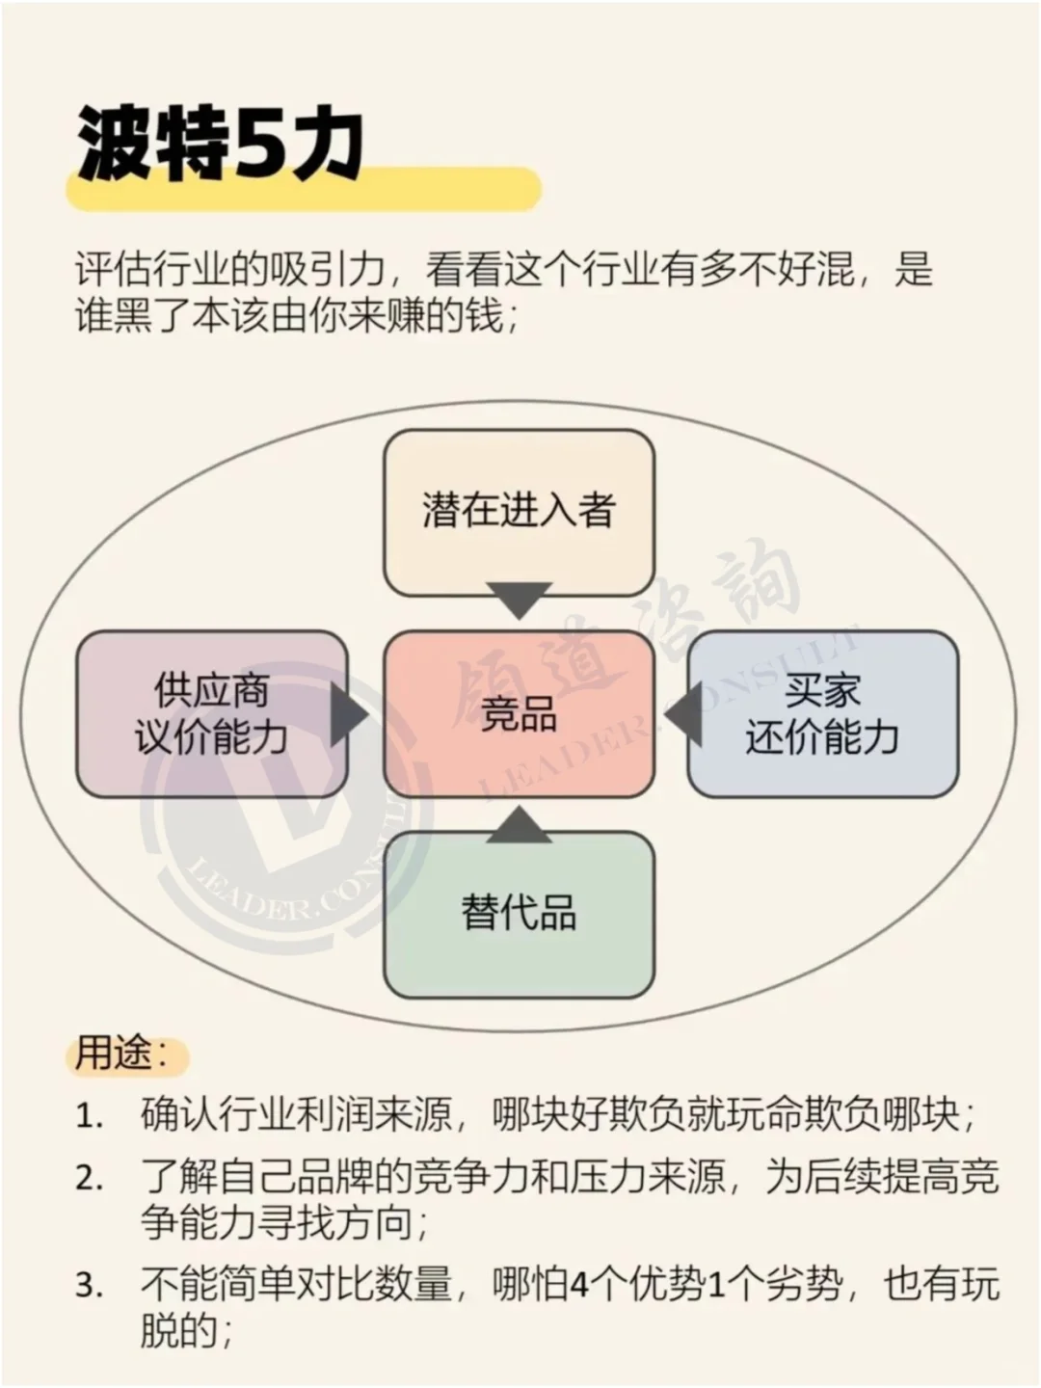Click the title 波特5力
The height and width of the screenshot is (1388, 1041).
[x=220, y=147]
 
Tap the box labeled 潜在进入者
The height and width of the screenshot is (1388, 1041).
[x=519, y=511]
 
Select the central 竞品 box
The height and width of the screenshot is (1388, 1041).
[x=519, y=714]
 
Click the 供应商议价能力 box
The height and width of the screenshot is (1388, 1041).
[x=211, y=714]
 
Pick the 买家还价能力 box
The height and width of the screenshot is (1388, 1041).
[x=822, y=714]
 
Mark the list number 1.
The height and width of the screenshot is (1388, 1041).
[x=89, y=1118]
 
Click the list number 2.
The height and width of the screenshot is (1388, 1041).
[x=89, y=1179]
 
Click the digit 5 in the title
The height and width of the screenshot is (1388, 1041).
[x=258, y=147]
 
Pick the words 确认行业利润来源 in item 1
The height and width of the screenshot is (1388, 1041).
[x=296, y=1116]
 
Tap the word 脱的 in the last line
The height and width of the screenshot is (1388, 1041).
[x=179, y=1333]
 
